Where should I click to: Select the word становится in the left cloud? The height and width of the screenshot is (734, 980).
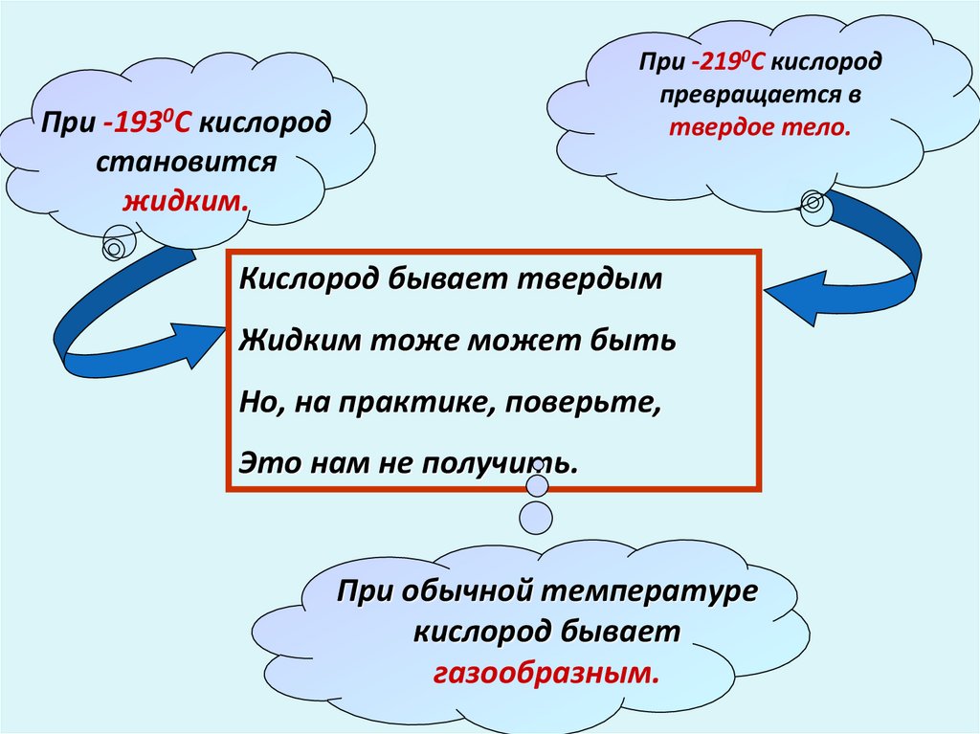coord(186,161)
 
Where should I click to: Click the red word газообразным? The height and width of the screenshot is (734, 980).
coord(546,672)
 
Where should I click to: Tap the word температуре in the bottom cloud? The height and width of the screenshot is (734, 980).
coord(650,589)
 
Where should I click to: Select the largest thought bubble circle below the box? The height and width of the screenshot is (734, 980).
coord(536,518)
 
